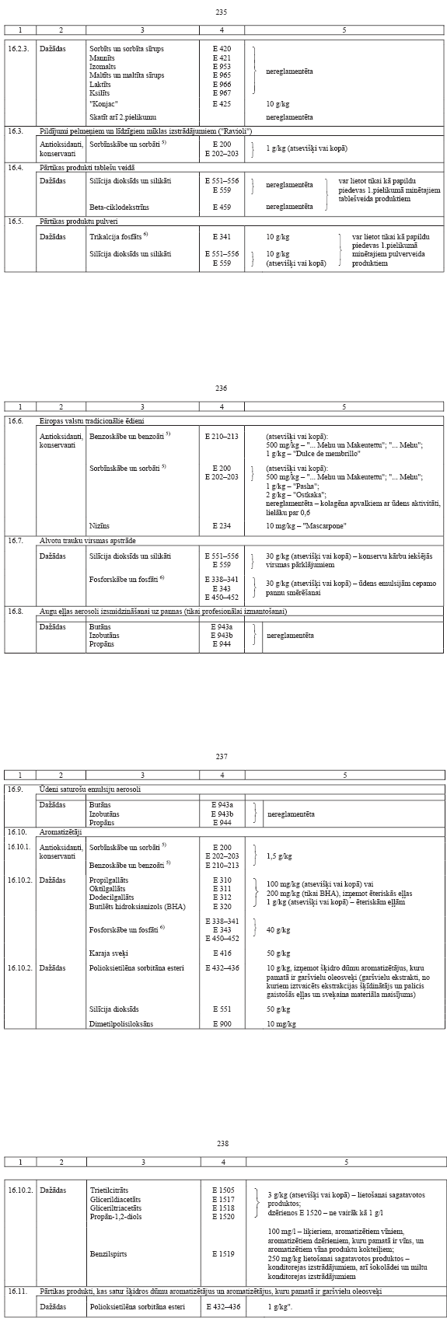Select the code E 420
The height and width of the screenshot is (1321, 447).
[x=222, y=49]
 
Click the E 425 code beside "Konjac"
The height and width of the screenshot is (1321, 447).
[x=222, y=103]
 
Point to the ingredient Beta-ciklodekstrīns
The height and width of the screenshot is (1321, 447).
[x=119, y=207]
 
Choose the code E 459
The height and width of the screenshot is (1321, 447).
[x=222, y=207]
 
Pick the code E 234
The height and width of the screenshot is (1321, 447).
[x=222, y=525]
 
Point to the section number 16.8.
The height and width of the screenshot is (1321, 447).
[x=16, y=612]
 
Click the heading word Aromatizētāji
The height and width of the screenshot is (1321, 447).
[x=58, y=831]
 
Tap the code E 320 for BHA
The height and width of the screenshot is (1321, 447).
[x=222, y=906]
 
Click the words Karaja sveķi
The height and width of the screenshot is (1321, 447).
[x=109, y=953]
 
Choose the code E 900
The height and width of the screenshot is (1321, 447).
[x=222, y=1024]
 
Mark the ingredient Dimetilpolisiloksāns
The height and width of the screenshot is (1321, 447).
[x=121, y=1024]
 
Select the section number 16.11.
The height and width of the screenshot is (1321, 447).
[x=17, y=1291]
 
